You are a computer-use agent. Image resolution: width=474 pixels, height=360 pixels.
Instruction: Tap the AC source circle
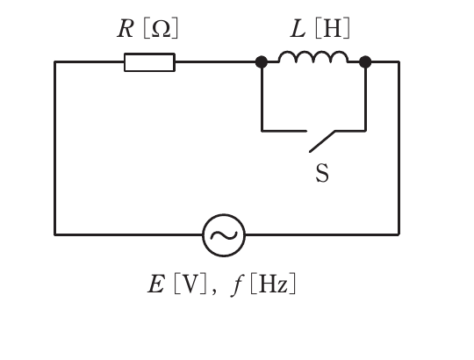pos(224,214)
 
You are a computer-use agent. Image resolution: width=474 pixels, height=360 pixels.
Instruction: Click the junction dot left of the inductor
pos(262,62)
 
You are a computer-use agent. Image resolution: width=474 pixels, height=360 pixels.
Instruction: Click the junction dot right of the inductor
pos(365,62)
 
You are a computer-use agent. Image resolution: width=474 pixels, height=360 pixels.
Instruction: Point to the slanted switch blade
pos(322,141)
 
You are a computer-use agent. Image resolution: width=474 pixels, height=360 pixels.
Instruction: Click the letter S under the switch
pos(322,173)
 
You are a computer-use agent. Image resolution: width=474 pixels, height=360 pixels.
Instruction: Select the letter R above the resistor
pos(126,28)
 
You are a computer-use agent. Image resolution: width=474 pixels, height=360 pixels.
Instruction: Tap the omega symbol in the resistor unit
pos(161,29)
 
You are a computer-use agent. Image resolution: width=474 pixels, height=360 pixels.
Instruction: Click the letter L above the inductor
pos(298,28)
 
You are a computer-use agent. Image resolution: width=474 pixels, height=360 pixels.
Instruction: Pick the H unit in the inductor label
pos(332,28)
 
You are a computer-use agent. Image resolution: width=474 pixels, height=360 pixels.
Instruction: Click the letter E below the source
pos(156,284)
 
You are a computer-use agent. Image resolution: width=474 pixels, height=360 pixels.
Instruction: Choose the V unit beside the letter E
pos(190,284)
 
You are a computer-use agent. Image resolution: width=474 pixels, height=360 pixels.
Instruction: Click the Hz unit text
pos(273,284)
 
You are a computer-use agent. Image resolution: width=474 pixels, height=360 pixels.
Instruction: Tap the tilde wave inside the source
pos(224,235)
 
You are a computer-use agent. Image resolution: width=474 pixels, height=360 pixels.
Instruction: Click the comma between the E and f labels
pos(214,292)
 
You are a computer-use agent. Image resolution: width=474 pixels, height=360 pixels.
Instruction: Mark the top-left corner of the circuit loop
pos(54,62)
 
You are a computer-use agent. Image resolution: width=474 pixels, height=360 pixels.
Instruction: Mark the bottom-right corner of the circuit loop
pos(399,234)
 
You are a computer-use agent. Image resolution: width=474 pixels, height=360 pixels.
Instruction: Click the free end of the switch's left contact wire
pos(306,131)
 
